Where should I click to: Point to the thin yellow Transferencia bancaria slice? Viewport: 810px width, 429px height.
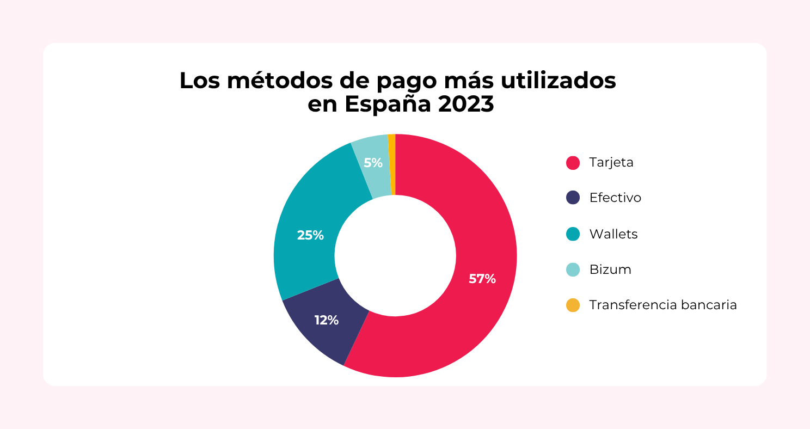[392, 163]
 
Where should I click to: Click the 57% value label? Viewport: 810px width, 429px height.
[482, 279]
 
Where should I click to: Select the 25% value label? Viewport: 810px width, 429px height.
[310, 235]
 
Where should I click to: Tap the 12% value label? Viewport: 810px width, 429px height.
[327, 320]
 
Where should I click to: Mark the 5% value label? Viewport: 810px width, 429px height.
[373, 162]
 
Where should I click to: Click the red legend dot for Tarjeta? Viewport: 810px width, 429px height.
[573, 163]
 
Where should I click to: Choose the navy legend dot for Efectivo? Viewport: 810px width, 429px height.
[573, 198]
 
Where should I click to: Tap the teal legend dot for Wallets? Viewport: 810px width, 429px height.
[573, 234]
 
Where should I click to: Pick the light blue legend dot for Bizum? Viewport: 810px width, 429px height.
[573, 269]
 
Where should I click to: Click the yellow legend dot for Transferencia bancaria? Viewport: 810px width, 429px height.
[573, 305]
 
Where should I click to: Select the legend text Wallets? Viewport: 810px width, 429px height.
[613, 234]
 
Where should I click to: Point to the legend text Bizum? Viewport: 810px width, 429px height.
[610, 269]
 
